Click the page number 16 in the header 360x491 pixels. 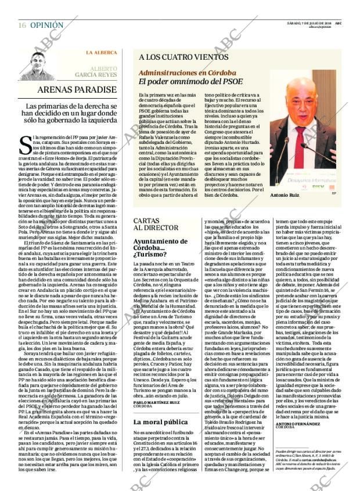(22, 26)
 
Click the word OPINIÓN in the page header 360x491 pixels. (46, 26)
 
